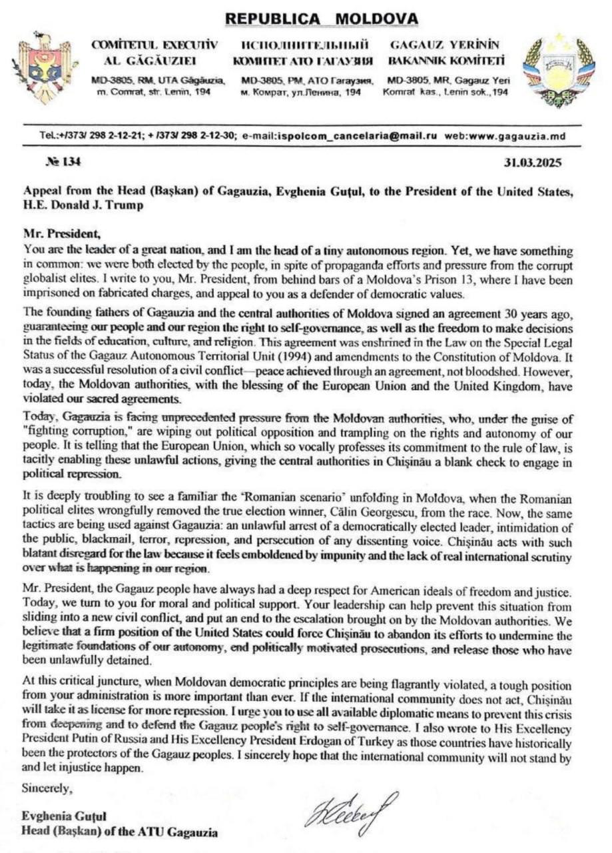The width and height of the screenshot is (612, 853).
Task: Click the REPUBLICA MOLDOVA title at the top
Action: click(x=322, y=18)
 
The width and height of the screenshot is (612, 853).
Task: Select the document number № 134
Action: click(x=61, y=161)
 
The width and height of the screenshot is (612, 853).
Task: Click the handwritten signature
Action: click(x=352, y=812)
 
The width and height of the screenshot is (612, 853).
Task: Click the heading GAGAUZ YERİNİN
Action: click(x=444, y=45)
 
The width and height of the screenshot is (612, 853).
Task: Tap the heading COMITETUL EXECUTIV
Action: click(x=154, y=45)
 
